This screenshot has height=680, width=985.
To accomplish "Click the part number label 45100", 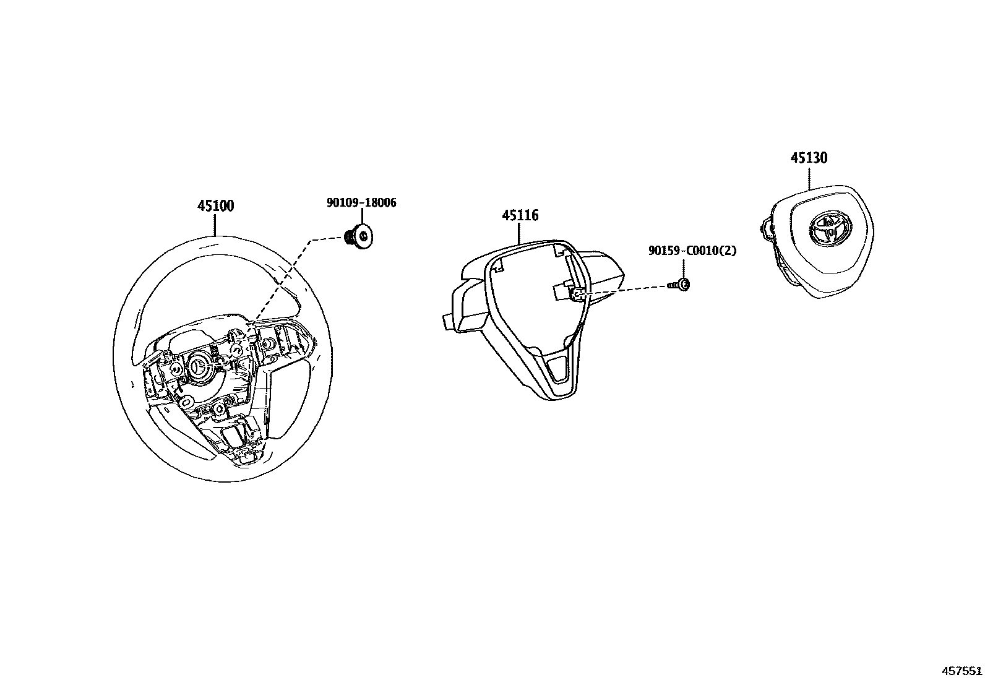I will point(216,206).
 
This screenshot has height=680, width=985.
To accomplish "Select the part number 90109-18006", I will point(361,203).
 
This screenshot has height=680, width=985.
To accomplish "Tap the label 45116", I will point(520,215).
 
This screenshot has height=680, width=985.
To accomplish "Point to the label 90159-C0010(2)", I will point(692,251).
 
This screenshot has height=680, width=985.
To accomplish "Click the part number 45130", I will point(809,158).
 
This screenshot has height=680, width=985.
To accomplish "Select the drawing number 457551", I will point(961,671).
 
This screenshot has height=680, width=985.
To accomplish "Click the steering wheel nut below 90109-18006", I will point(360,237).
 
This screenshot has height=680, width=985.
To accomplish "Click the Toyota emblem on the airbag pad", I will point(826,230).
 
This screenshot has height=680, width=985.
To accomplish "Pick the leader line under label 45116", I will point(519,234).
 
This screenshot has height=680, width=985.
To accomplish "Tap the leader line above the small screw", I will point(684,269).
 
